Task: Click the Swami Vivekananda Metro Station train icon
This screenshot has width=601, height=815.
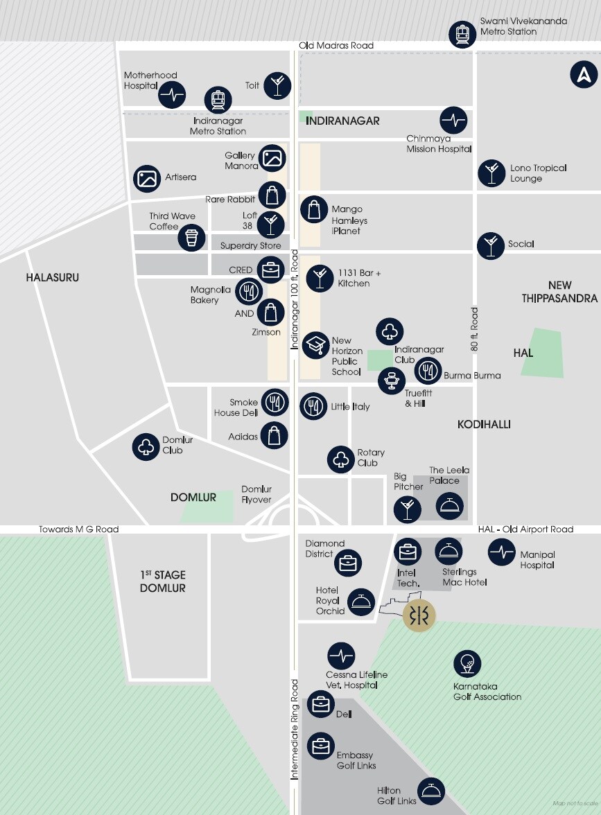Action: [462, 35]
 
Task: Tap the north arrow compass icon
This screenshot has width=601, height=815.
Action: [584, 75]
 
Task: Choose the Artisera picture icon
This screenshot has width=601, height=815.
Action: [146, 178]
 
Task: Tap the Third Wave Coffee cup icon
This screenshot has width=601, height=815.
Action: [191, 238]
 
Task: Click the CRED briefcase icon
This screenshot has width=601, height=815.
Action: [269, 270]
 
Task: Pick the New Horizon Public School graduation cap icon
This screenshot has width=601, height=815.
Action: [316, 344]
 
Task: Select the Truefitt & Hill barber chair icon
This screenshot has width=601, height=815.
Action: [392, 380]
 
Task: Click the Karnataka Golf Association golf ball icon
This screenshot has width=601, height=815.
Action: [467, 664]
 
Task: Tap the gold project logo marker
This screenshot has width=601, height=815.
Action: [419, 615]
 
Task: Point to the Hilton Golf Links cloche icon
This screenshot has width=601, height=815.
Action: [431, 791]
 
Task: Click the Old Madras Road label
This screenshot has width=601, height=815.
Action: [336, 46]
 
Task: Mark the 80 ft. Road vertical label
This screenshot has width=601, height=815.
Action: [475, 328]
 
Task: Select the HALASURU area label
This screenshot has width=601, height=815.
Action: [53, 277]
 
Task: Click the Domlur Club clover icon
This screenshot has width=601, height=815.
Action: [146, 446]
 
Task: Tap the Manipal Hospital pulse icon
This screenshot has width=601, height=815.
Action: [500, 552]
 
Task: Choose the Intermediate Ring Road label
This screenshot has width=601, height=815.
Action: [294, 730]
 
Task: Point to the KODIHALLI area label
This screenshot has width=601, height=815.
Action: [484, 424]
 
